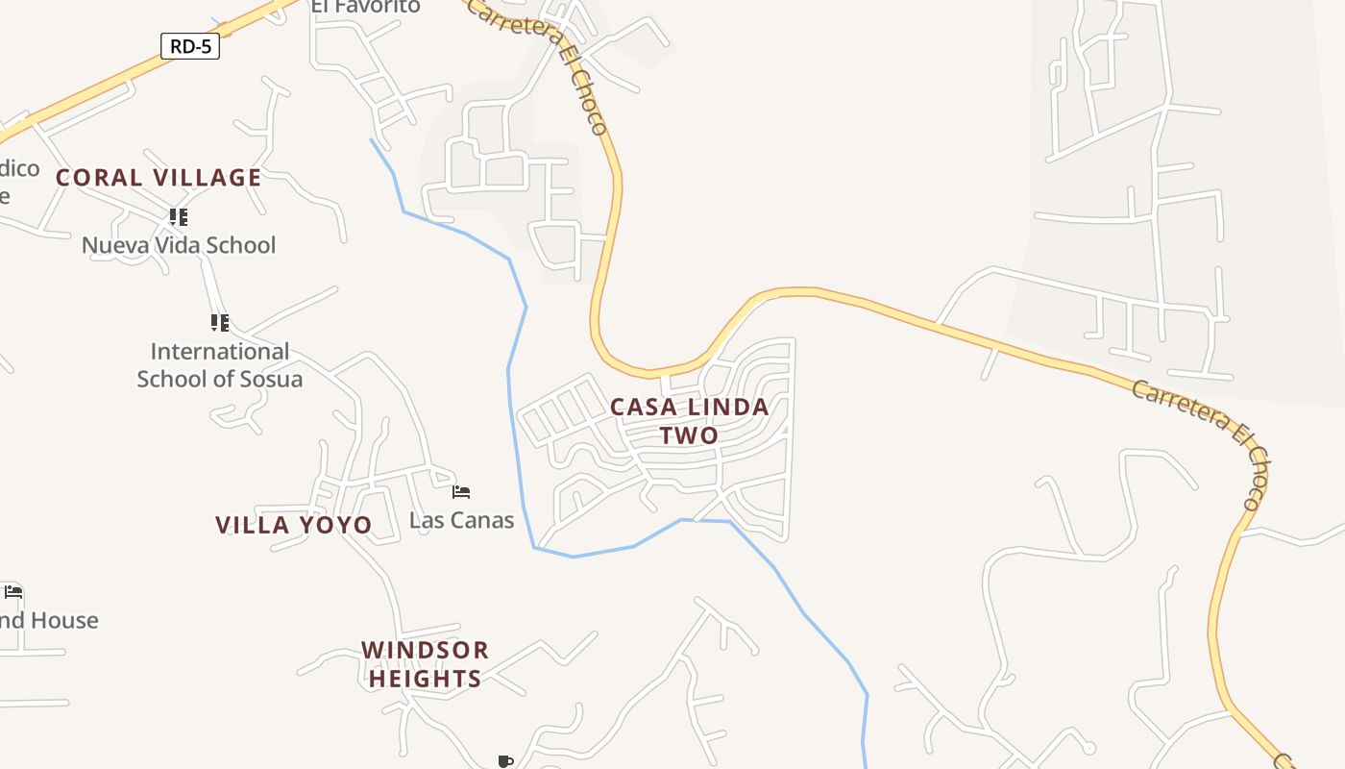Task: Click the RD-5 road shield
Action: click(x=190, y=45)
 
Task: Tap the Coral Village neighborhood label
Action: click(x=159, y=178)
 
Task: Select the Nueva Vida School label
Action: click(x=179, y=245)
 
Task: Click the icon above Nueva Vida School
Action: click(x=179, y=217)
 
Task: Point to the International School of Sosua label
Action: click(x=219, y=365)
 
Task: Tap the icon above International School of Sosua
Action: click(x=220, y=323)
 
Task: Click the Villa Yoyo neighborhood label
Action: click(x=293, y=525)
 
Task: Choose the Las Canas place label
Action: click(x=461, y=520)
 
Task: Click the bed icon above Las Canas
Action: click(x=461, y=492)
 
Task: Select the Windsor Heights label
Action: click(x=425, y=664)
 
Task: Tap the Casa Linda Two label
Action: click(x=690, y=421)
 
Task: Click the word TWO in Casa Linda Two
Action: click(x=690, y=435)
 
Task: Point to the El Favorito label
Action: click(x=365, y=7)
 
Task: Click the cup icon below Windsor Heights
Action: click(x=505, y=761)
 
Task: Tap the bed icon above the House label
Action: click(x=12, y=592)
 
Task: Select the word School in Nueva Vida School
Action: click(x=241, y=245)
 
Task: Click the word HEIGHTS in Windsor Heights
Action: click(x=425, y=679)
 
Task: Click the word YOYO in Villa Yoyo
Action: click(x=335, y=525)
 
